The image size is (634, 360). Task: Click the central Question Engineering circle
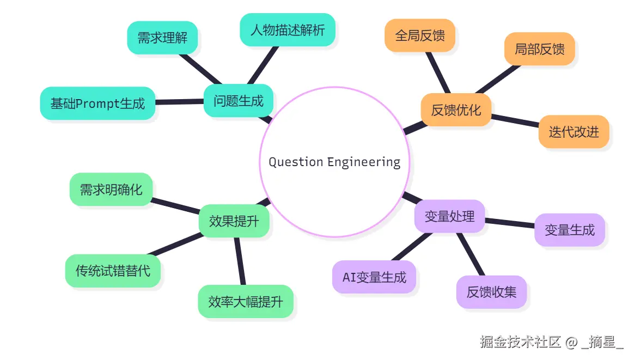(x=334, y=162)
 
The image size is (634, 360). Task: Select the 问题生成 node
(x=238, y=101)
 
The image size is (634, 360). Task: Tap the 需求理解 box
(x=162, y=38)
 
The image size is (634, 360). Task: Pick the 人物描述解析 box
(x=287, y=29)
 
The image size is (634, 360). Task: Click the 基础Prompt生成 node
(x=97, y=103)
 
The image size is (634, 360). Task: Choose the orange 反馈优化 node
(x=456, y=110)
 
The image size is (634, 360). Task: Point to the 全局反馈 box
(x=419, y=35)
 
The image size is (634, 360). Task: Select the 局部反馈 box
(x=539, y=49)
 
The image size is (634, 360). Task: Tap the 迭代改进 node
(x=574, y=131)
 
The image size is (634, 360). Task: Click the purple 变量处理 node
(x=449, y=216)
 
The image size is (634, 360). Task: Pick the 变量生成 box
(x=570, y=230)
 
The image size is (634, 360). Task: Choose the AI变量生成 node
(x=374, y=277)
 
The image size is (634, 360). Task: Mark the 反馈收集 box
(x=491, y=291)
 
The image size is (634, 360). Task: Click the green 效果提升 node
(x=234, y=221)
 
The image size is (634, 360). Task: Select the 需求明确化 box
(x=111, y=190)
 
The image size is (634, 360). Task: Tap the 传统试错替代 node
(x=113, y=271)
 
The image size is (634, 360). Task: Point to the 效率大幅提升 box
(x=246, y=301)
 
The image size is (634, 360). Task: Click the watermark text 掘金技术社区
(x=520, y=342)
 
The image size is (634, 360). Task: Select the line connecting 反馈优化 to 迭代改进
(x=515, y=120)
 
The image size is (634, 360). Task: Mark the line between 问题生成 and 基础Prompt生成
(x=180, y=102)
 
